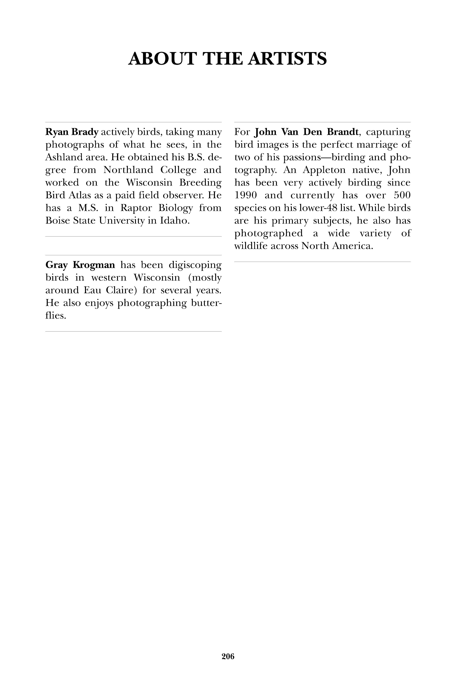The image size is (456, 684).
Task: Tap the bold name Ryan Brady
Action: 72,132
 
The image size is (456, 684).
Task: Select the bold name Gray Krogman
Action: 80,265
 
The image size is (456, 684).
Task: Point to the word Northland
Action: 128,170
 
